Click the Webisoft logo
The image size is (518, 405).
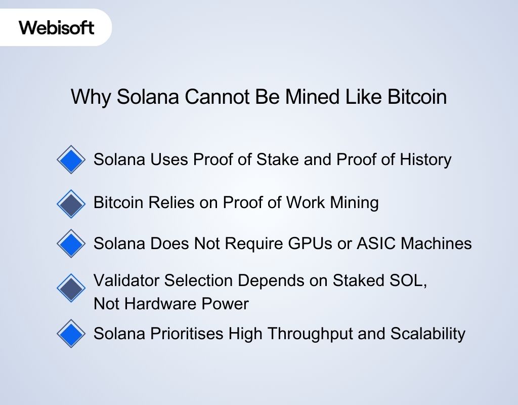[x=57, y=27]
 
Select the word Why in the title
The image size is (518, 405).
[x=90, y=97]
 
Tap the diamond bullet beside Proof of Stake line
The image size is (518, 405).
[x=71, y=160]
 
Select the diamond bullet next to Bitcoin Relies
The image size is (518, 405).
[x=71, y=204]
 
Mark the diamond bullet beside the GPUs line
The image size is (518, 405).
[x=71, y=244]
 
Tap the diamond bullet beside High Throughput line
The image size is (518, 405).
[x=71, y=334]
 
